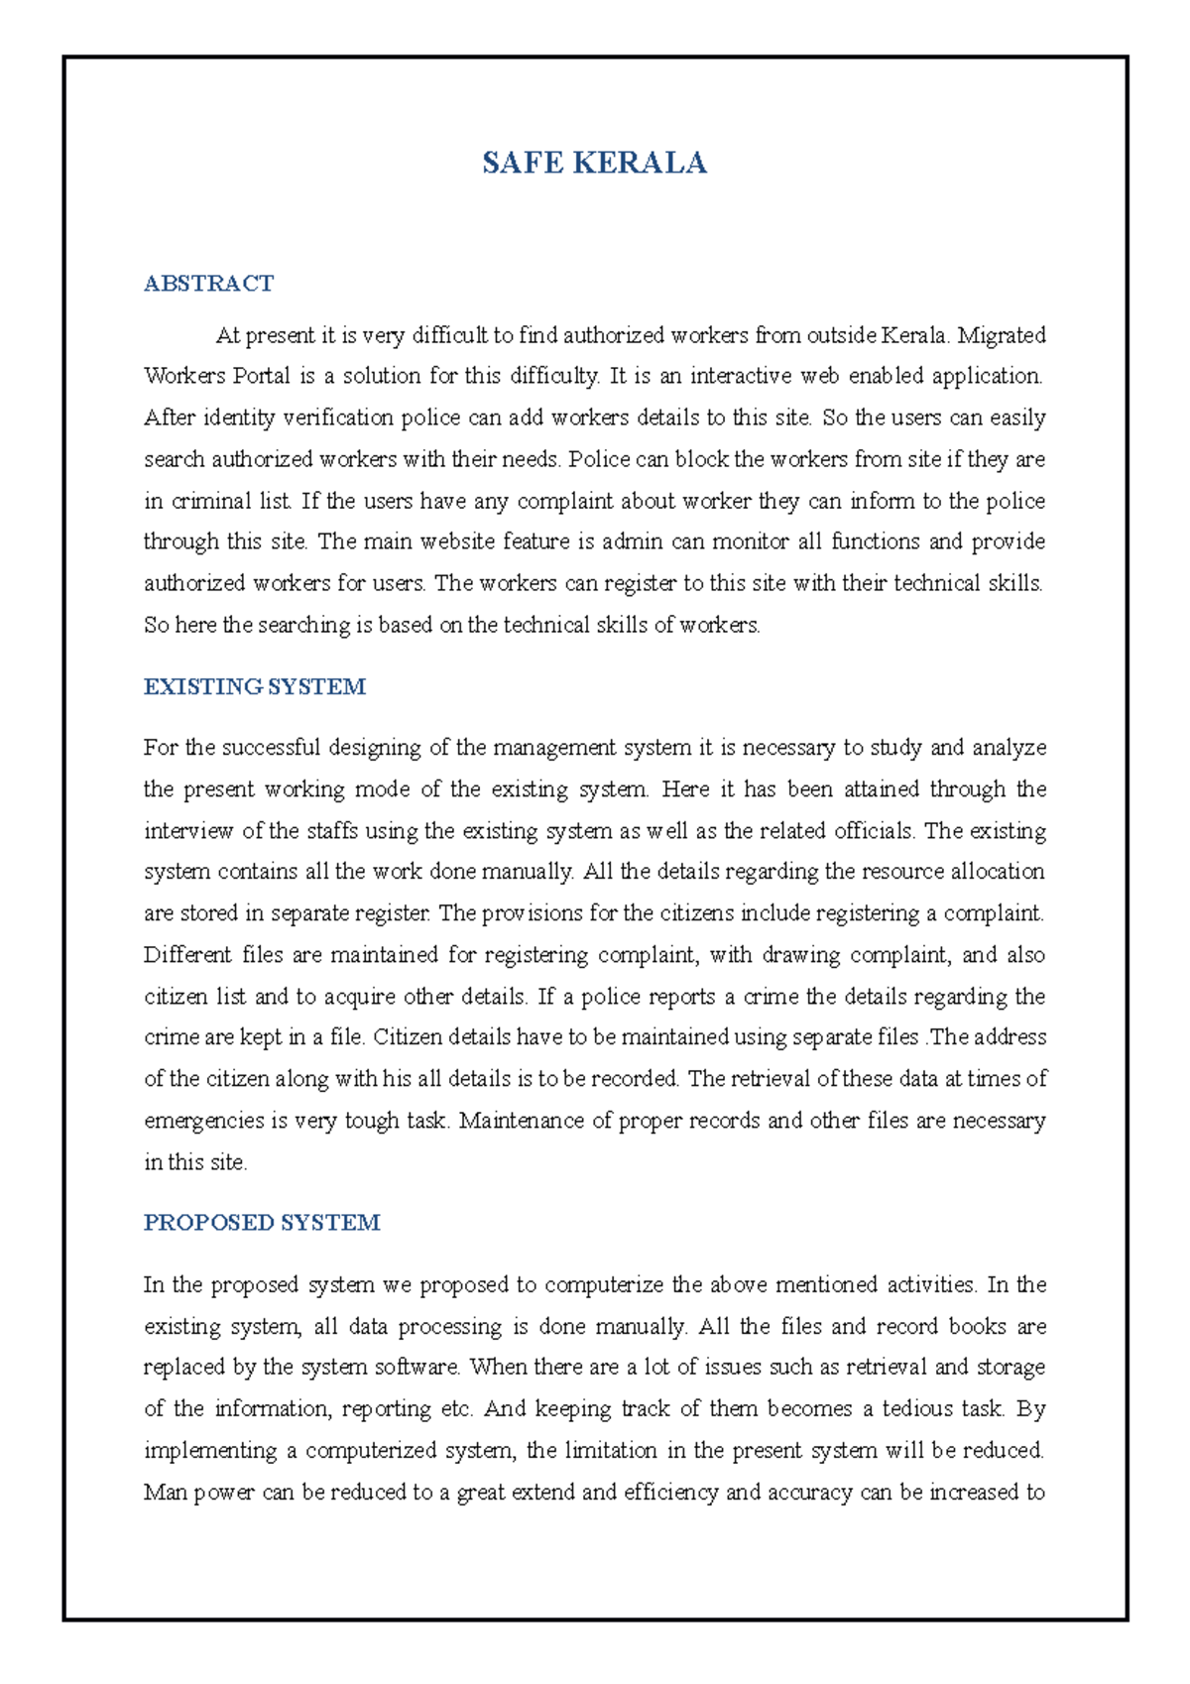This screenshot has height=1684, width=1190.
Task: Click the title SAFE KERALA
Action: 594,163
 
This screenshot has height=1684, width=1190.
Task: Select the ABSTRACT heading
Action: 208,284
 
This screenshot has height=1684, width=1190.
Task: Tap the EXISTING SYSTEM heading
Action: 255,686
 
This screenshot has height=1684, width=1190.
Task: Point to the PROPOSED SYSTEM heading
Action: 262,1223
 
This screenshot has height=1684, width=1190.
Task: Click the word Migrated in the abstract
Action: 1002,335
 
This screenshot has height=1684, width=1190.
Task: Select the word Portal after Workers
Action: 262,376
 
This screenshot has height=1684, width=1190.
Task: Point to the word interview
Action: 188,831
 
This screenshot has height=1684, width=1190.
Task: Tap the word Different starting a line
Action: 187,955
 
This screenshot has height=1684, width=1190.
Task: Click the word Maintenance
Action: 522,1121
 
